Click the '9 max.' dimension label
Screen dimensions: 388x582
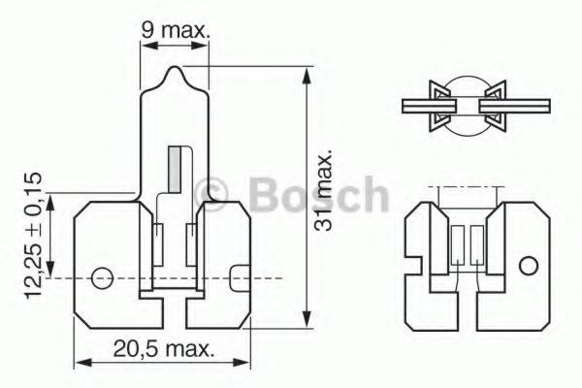point(176,31)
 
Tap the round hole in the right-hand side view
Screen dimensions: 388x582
point(527,265)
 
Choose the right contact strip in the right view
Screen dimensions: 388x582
point(476,246)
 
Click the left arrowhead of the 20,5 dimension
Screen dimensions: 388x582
point(81,364)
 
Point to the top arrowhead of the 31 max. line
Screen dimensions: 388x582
point(307,71)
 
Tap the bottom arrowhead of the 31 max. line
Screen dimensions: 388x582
point(307,327)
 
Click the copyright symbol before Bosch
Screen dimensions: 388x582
point(210,191)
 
